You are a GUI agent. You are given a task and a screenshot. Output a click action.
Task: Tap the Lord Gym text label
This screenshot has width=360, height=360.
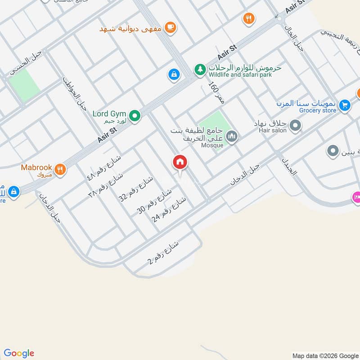click(x=109, y=114)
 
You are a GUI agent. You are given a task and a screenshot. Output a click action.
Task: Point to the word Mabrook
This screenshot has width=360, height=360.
click(x=36, y=167)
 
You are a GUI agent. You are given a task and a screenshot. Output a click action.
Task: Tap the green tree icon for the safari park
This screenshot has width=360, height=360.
click(x=199, y=70)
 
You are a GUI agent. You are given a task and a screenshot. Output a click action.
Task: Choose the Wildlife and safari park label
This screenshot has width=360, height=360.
click(x=240, y=75)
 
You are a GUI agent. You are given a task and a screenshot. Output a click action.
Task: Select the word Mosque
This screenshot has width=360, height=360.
click(x=212, y=145)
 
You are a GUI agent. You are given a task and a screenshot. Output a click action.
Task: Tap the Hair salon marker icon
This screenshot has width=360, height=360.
click(x=295, y=126)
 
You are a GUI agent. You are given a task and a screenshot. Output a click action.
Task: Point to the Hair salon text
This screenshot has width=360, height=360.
click(x=272, y=130)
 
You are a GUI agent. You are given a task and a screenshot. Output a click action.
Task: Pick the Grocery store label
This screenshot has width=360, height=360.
click(x=318, y=110)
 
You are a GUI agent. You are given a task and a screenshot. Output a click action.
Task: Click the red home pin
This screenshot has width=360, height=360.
click(x=180, y=162)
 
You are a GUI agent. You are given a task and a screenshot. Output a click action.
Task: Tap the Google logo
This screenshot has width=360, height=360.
click(x=19, y=353)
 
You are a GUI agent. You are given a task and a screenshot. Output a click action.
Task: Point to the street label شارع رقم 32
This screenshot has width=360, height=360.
click(x=135, y=189)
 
